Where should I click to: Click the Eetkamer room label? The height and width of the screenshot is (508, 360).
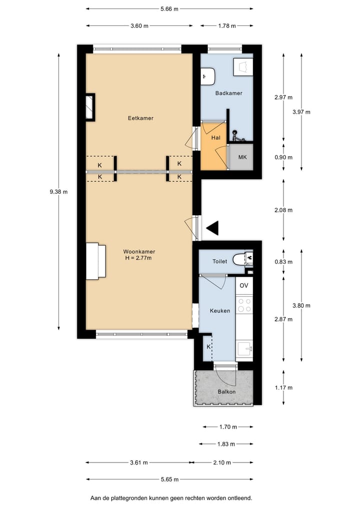point(140,118)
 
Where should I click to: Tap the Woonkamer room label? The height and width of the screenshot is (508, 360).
point(138,252)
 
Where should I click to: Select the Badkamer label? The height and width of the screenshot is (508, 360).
point(229,93)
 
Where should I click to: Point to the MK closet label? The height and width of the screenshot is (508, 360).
point(242,157)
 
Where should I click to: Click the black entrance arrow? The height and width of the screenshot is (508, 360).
point(212,228)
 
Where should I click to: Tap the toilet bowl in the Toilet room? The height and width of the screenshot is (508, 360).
point(240,259)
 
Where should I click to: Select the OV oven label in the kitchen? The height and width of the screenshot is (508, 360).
point(244,286)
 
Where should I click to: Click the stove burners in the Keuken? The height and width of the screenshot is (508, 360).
point(244,305)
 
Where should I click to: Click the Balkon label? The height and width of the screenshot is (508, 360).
point(227,392)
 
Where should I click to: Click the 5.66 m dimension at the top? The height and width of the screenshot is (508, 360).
point(169,8)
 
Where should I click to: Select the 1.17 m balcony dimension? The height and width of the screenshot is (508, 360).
point(283,388)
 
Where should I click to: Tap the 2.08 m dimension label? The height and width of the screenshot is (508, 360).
point(283,210)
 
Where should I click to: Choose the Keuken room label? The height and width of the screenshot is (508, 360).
point(220,311)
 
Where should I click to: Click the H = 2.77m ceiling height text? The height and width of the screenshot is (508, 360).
point(138,258)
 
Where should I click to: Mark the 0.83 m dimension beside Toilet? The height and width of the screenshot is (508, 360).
point(283,262)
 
